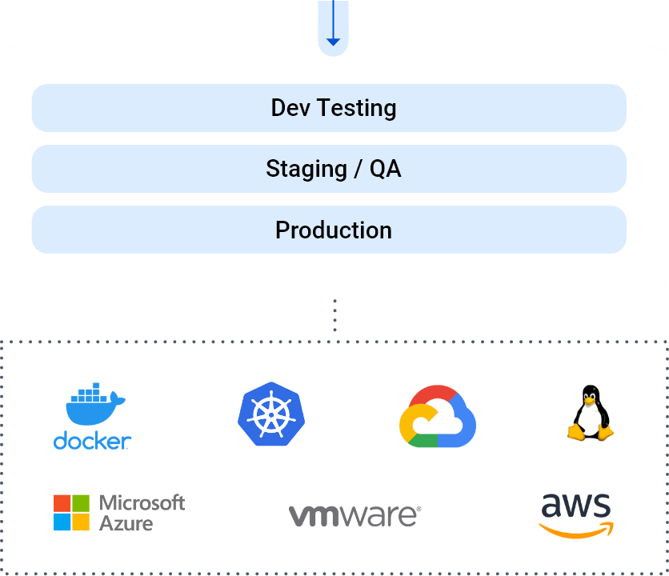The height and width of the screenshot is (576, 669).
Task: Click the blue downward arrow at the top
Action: (x=334, y=28)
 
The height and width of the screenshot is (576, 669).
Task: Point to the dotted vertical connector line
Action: (x=334, y=315)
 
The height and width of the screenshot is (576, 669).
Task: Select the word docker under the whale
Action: (x=92, y=440)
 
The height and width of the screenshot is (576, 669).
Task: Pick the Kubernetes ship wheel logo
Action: (x=272, y=414)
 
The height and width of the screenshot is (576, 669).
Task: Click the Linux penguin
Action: (x=591, y=413)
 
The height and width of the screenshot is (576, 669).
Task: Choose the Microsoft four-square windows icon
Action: (x=72, y=513)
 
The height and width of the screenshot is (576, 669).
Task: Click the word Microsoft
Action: (x=142, y=503)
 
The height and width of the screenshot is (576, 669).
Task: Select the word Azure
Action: (x=126, y=523)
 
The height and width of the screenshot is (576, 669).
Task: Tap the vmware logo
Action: (x=354, y=515)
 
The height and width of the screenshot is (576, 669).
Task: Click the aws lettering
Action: (x=576, y=506)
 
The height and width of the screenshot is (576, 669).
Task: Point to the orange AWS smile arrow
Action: (x=576, y=530)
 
